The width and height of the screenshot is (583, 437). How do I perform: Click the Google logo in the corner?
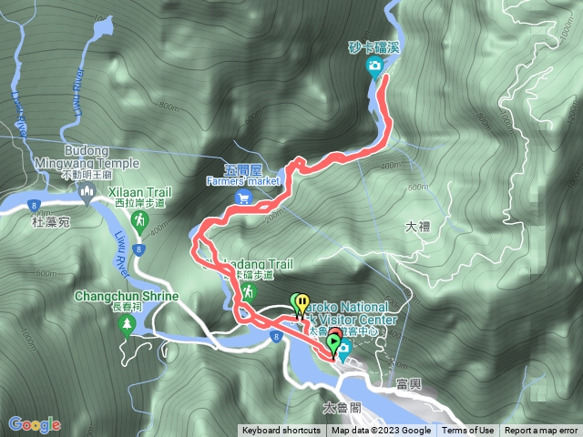[34, 424]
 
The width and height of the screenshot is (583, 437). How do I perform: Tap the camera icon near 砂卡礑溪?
[374, 66]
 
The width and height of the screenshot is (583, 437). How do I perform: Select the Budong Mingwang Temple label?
[101, 157]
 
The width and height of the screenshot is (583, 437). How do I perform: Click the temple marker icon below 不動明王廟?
[88, 189]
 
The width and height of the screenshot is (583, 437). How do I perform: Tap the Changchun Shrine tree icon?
[126, 327]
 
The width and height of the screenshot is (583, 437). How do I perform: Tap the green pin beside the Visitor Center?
[334, 343]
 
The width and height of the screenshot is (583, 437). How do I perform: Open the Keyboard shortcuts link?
[281, 431]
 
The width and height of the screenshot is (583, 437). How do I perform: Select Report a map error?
[541, 431]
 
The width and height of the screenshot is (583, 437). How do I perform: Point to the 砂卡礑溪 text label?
[374, 47]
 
